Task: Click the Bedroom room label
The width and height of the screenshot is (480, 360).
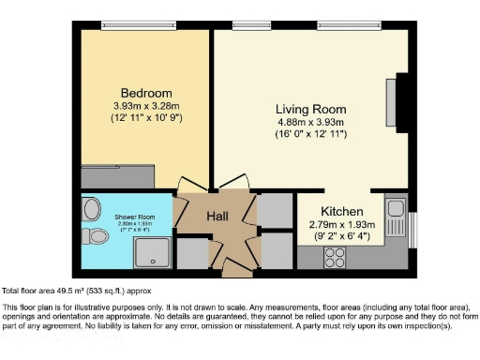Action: click(x=126, y=94)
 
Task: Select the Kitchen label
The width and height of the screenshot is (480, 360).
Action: click(x=342, y=211)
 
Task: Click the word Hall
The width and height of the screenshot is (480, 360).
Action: click(x=217, y=217)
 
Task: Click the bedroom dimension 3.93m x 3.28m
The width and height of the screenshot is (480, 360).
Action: click(x=126, y=108)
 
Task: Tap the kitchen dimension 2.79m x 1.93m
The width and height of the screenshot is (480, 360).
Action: click(x=342, y=225)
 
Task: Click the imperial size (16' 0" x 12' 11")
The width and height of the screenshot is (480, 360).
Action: click(x=310, y=135)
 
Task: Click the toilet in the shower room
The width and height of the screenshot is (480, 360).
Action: click(x=92, y=233)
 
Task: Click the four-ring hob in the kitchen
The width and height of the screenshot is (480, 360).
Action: click(x=335, y=256)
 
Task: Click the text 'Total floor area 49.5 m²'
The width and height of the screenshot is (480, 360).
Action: click(x=56, y=292)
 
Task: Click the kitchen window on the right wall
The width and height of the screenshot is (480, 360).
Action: click(x=413, y=231)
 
